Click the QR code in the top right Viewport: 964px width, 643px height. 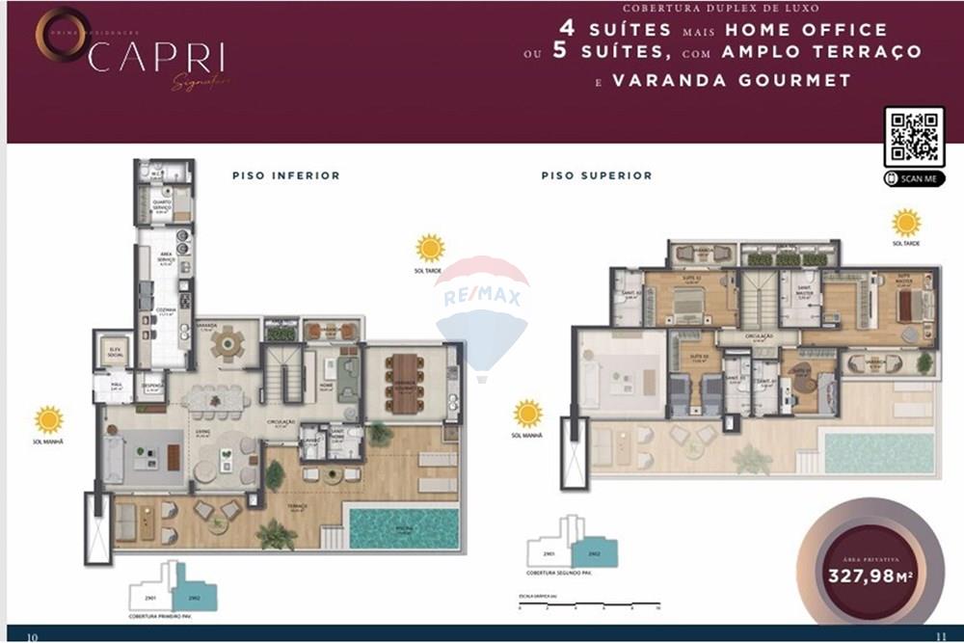914,138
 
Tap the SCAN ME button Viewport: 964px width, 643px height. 914,179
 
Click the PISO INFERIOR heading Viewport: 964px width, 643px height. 285,176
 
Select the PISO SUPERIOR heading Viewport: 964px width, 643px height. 596,176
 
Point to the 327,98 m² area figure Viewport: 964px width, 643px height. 870,576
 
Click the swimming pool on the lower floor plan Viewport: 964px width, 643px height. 404,528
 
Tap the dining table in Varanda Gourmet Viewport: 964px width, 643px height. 406,383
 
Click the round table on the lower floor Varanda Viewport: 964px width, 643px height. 228,342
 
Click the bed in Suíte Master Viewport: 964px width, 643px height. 907,306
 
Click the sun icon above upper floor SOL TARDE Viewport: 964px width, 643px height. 905,223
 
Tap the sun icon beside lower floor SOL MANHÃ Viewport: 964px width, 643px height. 48,419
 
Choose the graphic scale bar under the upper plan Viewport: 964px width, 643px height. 588,607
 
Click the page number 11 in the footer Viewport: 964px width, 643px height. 941,635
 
